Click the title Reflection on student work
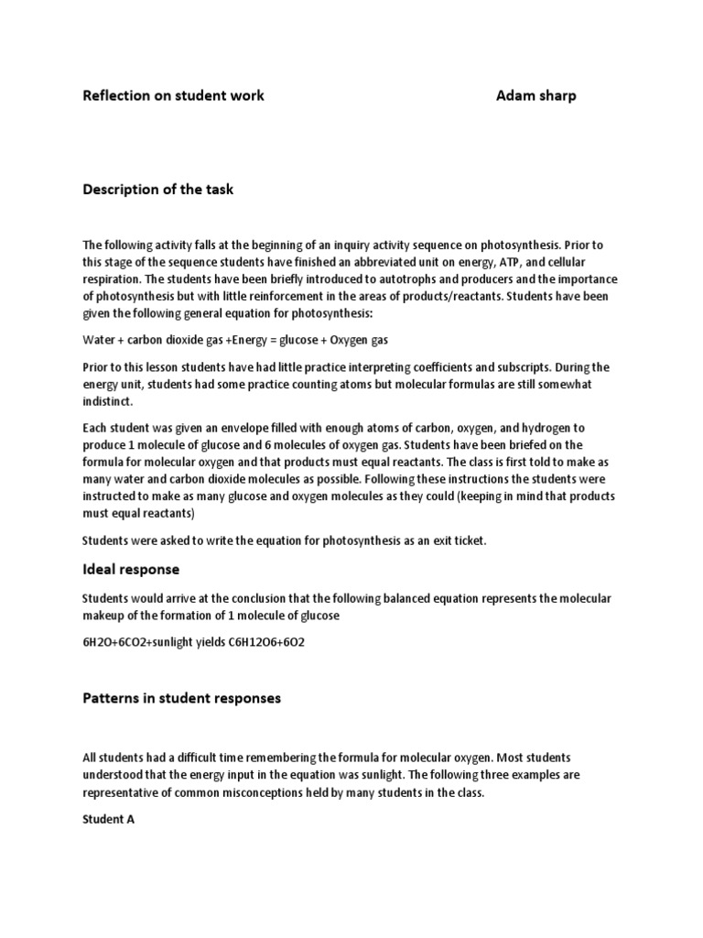(174, 95)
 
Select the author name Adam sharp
(536, 95)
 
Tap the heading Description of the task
(158, 190)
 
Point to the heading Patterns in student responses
(182, 698)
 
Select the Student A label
(109, 820)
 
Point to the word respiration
(114, 278)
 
